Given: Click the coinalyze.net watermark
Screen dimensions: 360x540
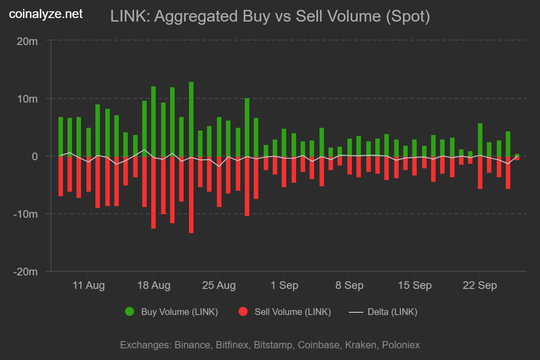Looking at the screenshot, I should [46, 14].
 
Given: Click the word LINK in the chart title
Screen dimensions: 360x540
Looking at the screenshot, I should [129, 17].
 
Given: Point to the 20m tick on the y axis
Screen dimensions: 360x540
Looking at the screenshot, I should [27, 41].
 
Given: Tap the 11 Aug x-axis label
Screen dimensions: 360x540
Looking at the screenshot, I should [88, 286].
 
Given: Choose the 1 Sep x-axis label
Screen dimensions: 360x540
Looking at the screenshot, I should [284, 286].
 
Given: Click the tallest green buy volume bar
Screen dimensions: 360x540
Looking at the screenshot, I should [191, 119].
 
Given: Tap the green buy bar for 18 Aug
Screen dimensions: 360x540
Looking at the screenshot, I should [153, 121].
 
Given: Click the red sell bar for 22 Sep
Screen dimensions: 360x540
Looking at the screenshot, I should [480, 172].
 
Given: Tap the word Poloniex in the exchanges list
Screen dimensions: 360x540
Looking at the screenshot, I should [400, 345].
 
